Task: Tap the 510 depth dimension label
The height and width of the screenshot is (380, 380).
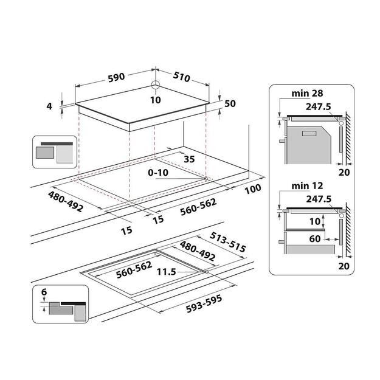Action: (x=182, y=77)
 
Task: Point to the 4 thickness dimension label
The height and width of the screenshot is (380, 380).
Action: (x=50, y=106)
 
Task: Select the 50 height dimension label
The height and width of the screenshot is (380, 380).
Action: (x=229, y=104)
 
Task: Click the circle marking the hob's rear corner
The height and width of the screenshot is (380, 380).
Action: (x=154, y=86)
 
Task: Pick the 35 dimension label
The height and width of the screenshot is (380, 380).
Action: (x=188, y=160)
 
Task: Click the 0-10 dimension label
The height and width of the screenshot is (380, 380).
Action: (x=159, y=173)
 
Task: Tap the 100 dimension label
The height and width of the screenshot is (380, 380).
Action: (x=253, y=188)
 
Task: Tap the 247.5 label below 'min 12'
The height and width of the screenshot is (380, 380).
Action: (x=319, y=198)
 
